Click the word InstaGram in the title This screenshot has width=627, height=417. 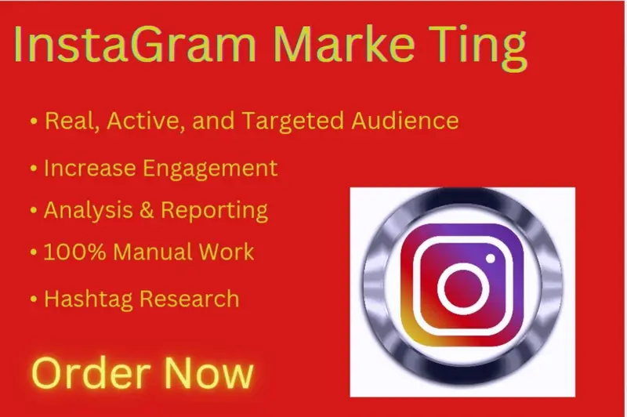(x=135, y=44)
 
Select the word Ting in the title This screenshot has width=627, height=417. (x=480, y=48)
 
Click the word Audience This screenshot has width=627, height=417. (x=405, y=121)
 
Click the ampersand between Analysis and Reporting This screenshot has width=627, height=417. (x=147, y=210)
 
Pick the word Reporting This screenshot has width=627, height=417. (x=214, y=211)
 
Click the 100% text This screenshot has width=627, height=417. (x=74, y=252)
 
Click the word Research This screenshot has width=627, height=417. (x=189, y=299)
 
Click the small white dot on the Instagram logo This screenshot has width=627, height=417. (x=491, y=259)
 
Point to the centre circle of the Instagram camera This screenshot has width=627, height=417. (x=463, y=288)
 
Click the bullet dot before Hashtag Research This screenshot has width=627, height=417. (x=34, y=299)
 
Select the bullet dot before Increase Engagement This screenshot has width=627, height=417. (x=34, y=169)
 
